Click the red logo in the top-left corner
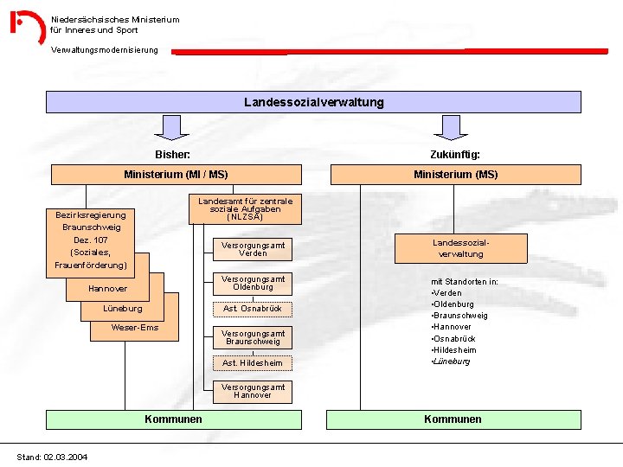(x=27, y=26)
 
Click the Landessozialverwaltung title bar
(x=313, y=102)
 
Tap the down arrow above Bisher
(x=175, y=128)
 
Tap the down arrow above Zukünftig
(x=451, y=128)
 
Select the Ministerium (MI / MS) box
(x=176, y=175)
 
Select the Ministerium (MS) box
(x=455, y=175)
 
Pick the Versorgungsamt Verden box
(x=253, y=249)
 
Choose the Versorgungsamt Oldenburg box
(x=253, y=283)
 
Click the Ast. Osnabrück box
(x=253, y=309)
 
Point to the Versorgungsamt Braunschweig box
(x=253, y=337)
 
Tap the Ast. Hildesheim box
(x=253, y=363)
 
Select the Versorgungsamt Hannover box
(x=253, y=391)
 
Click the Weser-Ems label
(x=135, y=328)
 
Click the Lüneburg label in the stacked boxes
(x=123, y=308)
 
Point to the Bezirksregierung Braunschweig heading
(x=90, y=221)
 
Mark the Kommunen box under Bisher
(x=173, y=419)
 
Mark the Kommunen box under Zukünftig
(x=453, y=419)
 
